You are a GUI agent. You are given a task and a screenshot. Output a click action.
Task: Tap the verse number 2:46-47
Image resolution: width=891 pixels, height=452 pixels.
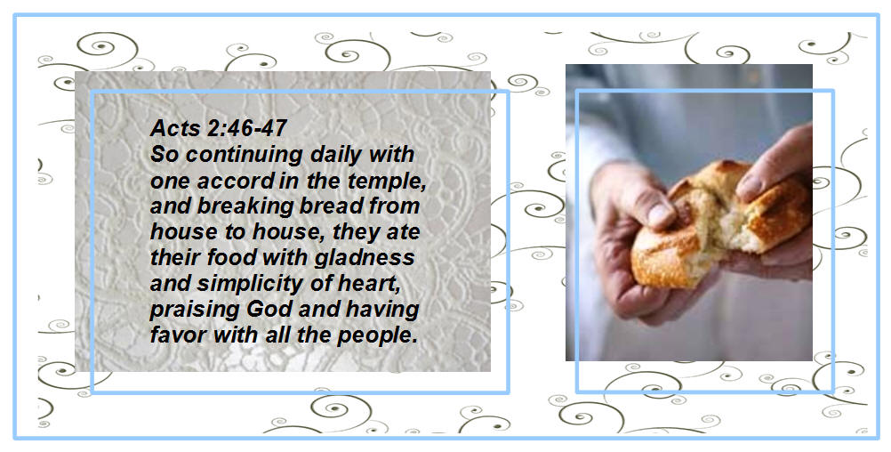coord(246,128)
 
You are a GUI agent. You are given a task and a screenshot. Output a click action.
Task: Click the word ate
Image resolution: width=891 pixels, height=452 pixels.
coord(403,232)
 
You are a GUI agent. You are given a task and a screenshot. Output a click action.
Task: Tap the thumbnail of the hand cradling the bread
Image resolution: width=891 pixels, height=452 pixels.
coord(662,215)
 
